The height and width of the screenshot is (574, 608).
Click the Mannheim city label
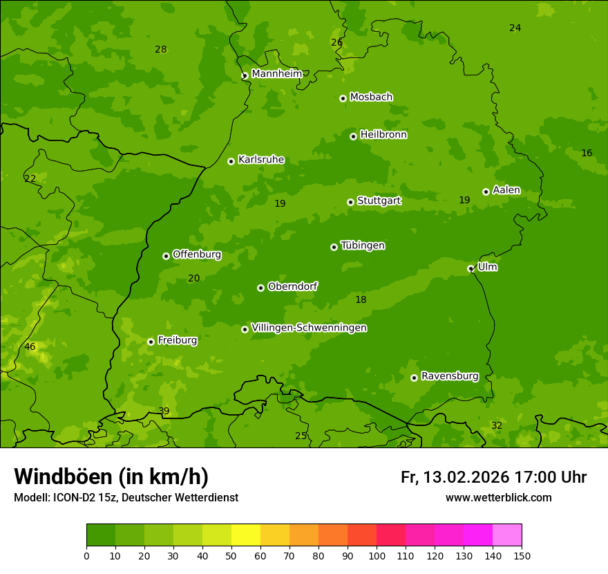pyautogui.click(x=276, y=73)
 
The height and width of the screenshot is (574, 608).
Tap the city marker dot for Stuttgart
pyautogui.click(x=350, y=202)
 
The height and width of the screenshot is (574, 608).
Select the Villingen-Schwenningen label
pyautogui.click(x=309, y=328)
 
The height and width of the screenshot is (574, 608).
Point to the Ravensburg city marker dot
pyautogui.click(x=414, y=378)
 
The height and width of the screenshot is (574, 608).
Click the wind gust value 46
pyautogui.click(x=30, y=346)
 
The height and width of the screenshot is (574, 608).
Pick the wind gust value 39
pyautogui.click(x=164, y=411)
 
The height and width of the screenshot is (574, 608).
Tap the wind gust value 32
pyautogui.click(x=497, y=425)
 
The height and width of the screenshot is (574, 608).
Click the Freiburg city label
pyautogui.click(x=177, y=340)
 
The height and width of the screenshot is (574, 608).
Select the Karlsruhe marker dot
pyautogui.click(x=231, y=161)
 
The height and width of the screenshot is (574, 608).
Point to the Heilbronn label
pyautogui.click(x=383, y=135)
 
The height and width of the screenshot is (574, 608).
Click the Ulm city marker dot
pyautogui.click(x=471, y=268)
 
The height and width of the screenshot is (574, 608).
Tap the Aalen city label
pyautogui.click(x=506, y=190)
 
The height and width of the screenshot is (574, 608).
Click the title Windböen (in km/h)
pyautogui.click(x=111, y=476)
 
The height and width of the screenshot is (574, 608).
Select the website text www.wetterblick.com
pyautogui.click(x=498, y=497)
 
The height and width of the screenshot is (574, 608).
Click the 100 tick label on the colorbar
pyautogui.click(x=377, y=555)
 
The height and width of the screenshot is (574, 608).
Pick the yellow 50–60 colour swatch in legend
pyautogui.click(x=246, y=535)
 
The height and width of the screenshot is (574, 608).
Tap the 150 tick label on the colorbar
pyautogui.click(x=522, y=555)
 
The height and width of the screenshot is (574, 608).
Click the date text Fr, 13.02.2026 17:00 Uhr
pyautogui.click(x=493, y=477)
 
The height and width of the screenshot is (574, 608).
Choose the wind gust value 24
pyautogui.click(x=515, y=28)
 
